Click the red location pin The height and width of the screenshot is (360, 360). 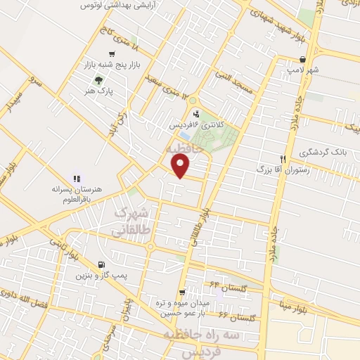click(181, 165)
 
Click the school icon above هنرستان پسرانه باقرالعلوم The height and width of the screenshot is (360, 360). click(77, 179)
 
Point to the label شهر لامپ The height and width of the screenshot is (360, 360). click(302, 70)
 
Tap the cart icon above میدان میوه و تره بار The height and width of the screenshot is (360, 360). click(182, 292)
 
